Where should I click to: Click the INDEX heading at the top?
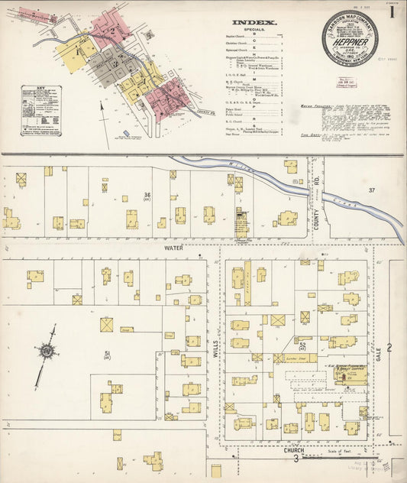coord(254,23)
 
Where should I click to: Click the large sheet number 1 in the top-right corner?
coord(392,12)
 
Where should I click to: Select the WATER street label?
coord(174,248)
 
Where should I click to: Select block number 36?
coord(147,195)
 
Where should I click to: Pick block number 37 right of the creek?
coord(372,190)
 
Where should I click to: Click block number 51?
coord(107,353)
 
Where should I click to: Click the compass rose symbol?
coord(47,351)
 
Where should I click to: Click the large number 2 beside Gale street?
coord(389,348)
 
